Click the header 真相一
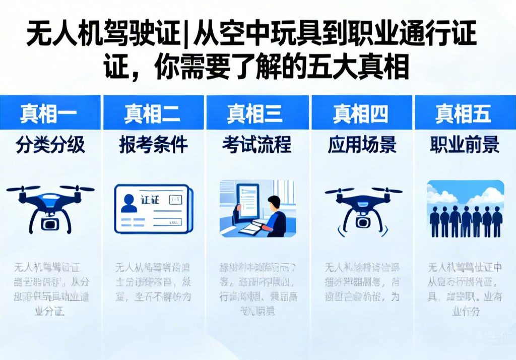pyautogui.click(x=48, y=113)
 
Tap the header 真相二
pyautogui.click(x=152, y=113)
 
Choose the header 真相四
pyautogui.click(x=360, y=113)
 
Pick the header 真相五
pyautogui.click(x=463, y=113)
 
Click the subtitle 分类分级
pyautogui.click(x=50, y=145)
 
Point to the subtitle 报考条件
pyautogui.click(x=153, y=145)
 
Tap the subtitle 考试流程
pyautogui.click(x=256, y=145)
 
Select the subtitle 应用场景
pyautogui.click(x=361, y=145)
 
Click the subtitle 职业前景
pyautogui.click(x=464, y=145)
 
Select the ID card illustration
pyautogui.click(x=153, y=208)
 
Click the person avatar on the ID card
pyautogui.click(x=130, y=203)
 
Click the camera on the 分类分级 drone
pyautogui.click(x=50, y=222)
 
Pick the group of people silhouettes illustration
pyautogui.click(x=465, y=209)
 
